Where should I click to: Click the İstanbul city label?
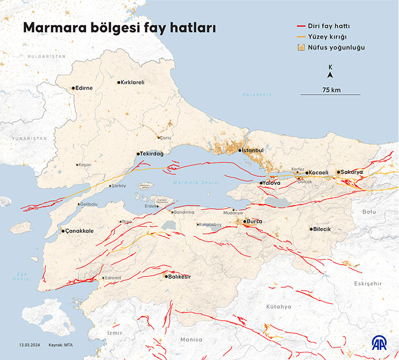(x=254, y=151)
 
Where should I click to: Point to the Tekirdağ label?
(x=152, y=153)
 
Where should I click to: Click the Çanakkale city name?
(x=79, y=231)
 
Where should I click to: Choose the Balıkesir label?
(x=180, y=276)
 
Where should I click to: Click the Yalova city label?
(x=271, y=183)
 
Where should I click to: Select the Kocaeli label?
(x=319, y=173)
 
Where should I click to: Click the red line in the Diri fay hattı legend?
(x=303, y=26)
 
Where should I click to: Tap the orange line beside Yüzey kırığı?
(x=303, y=36)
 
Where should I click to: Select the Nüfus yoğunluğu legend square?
(x=303, y=47)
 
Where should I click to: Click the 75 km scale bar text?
(x=331, y=89)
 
